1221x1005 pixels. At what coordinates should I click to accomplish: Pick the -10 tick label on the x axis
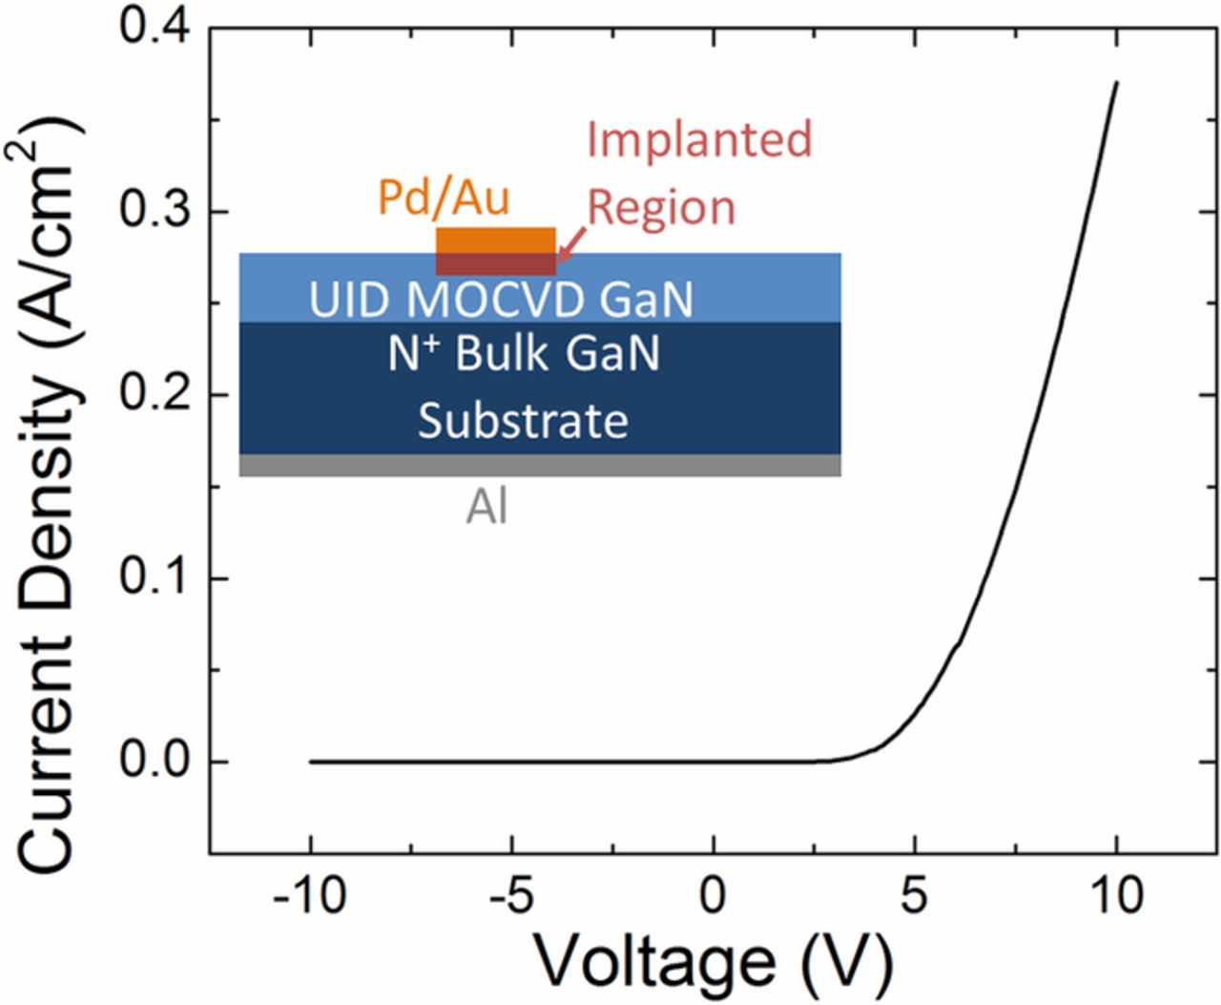(x=309, y=897)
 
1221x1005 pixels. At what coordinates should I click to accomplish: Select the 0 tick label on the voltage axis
(x=714, y=897)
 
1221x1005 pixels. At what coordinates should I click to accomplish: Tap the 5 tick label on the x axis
(x=915, y=897)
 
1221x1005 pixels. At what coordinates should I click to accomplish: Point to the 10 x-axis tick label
(x=1115, y=897)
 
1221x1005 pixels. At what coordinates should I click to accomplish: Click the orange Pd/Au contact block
(x=496, y=240)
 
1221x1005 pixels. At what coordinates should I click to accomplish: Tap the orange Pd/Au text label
(x=444, y=198)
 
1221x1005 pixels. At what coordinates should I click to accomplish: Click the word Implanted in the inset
(x=699, y=139)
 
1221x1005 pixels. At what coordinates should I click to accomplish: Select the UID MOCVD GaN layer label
(x=501, y=300)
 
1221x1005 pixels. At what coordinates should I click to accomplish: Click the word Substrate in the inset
(x=523, y=421)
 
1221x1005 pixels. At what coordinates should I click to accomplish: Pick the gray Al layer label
(x=486, y=507)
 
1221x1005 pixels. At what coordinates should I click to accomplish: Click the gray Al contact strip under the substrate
(x=540, y=465)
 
